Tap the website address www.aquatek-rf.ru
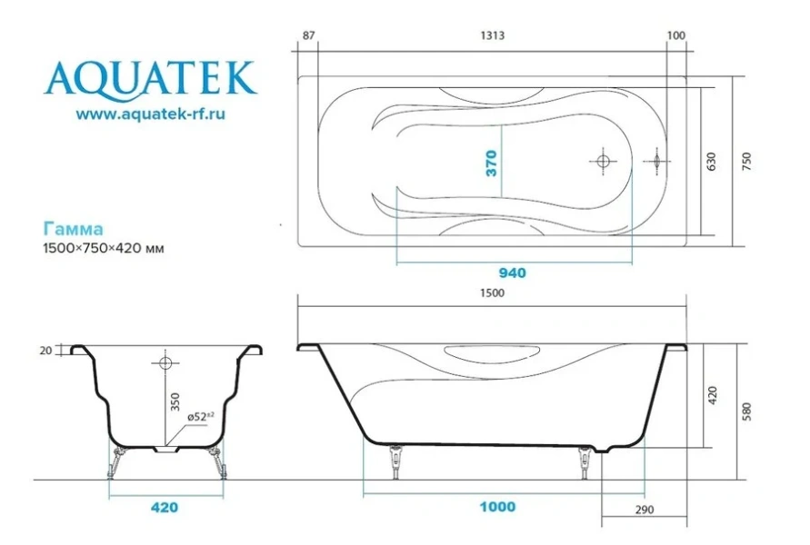[150, 114]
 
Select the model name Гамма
[73, 229]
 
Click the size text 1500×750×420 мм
[104, 248]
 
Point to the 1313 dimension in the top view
[493, 35]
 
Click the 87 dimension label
[308, 35]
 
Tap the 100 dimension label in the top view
[676, 35]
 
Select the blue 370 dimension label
[491, 163]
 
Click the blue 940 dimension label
[512, 273]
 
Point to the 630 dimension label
[711, 162]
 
